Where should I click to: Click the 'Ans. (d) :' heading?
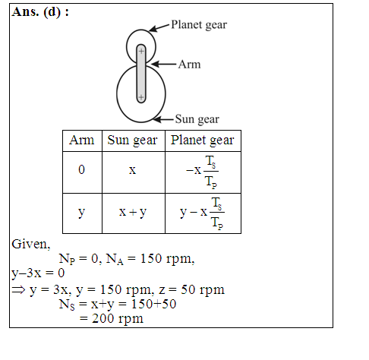click(x=40, y=12)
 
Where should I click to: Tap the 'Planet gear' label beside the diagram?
click(x=199, y=25)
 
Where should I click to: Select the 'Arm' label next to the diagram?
click(x=189, y=65)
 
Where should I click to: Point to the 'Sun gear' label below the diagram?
click(x=197, y=119)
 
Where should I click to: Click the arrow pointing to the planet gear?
click(x=159, y=28)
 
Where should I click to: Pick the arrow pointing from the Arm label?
click(x=163, y=64)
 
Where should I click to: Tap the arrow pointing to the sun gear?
click(x=164, y=119)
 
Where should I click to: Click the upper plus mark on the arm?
click(x=141, y=52)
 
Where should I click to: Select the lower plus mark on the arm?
click(x=141, y=97)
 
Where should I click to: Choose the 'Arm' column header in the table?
click(x=82, y=141)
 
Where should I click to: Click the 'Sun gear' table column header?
click(x=132, y=141)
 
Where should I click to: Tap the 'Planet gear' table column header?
click(x=203, y=141)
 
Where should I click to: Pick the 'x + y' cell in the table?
click(x=133, y=212)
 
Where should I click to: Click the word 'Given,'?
click(x=31, y=245)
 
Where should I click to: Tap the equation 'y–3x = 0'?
click(x=38, y=273)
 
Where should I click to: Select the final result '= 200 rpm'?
click(x=112, y=318)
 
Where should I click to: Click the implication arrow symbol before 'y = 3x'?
click(x=18, y=290)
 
